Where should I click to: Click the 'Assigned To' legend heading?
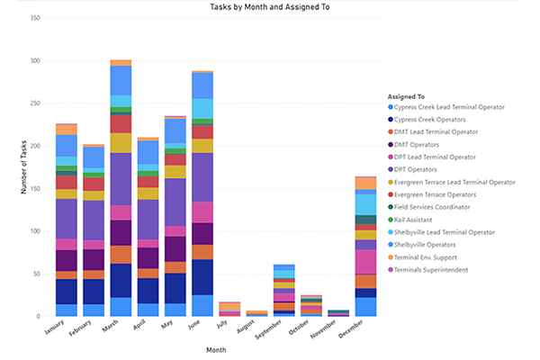pyautogui.click(x=406, y=96)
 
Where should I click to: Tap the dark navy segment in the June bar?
pyautogui.click(x=202, y=277)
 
